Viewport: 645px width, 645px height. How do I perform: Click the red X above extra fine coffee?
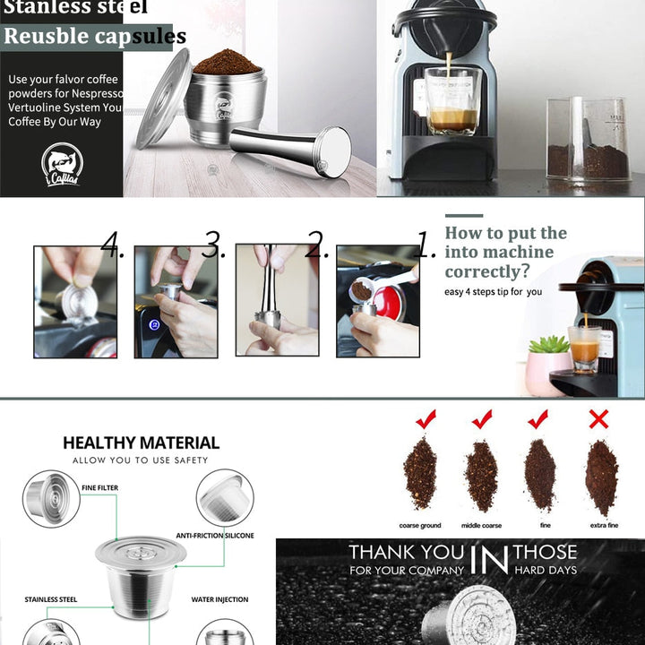coord(598,418)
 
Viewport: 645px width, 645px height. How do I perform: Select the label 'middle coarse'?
coord(481,526)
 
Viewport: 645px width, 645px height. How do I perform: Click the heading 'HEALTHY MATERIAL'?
coord(141,443)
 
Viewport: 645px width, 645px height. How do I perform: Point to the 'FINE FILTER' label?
coord(100,488)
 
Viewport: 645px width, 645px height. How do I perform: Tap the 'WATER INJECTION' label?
coord(219,599)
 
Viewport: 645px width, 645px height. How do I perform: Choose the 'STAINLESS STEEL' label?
coord(48,599)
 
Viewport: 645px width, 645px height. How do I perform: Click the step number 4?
coord(110,245)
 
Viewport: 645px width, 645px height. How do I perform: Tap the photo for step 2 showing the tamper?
coord(277,301)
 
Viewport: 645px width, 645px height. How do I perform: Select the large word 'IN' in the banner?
coord(488,561)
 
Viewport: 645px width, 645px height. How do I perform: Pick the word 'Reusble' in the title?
coord(46,37)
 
